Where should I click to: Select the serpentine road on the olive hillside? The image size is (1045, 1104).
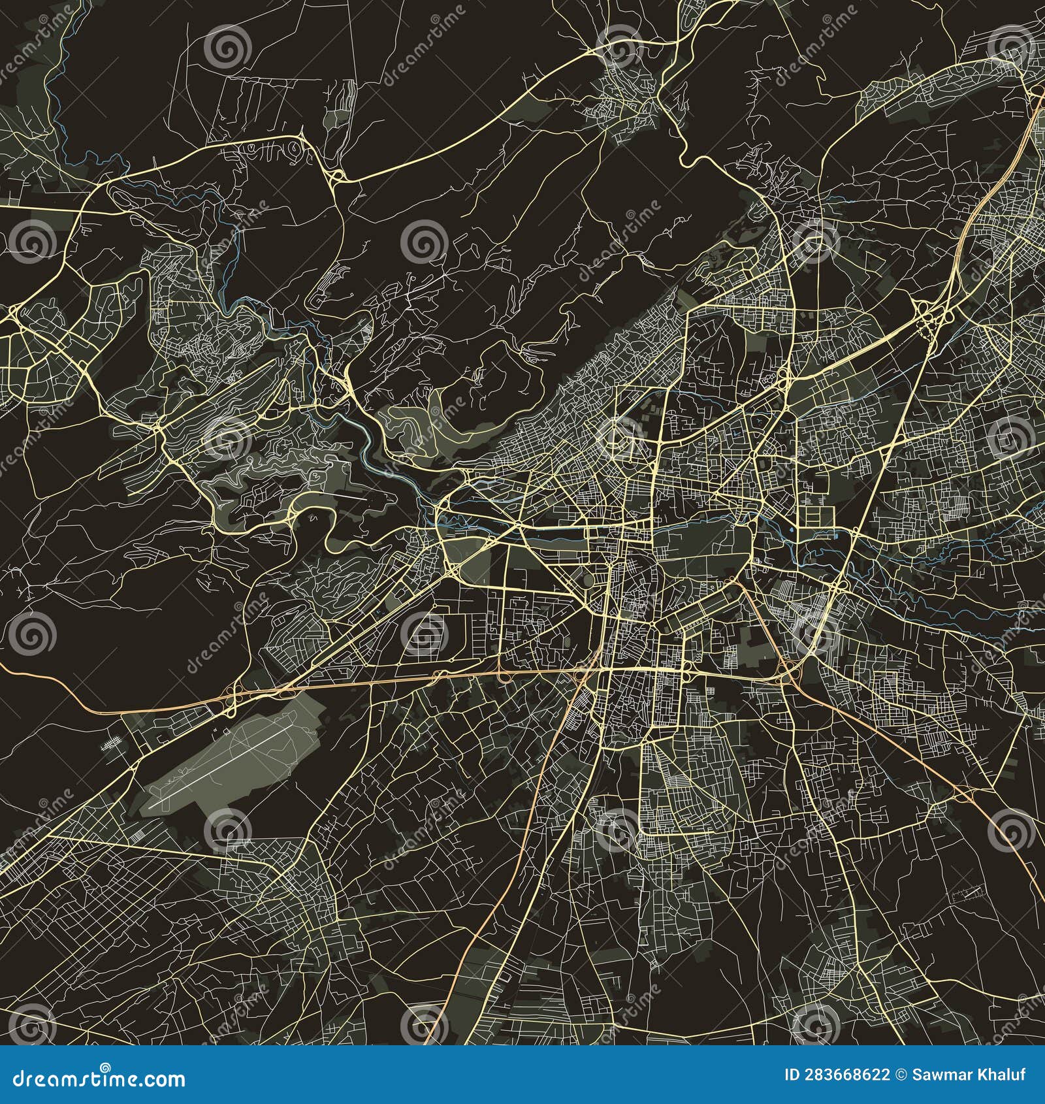[x=408, y=418]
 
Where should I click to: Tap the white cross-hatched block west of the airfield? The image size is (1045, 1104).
[x=112, y=743]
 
